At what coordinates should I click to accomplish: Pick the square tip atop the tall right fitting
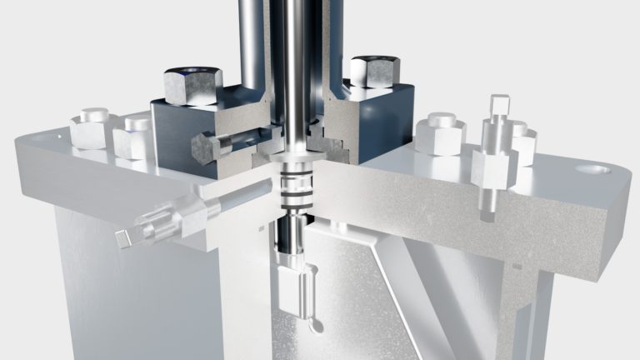point(499,107)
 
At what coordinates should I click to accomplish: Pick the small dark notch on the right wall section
point(517,267)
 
